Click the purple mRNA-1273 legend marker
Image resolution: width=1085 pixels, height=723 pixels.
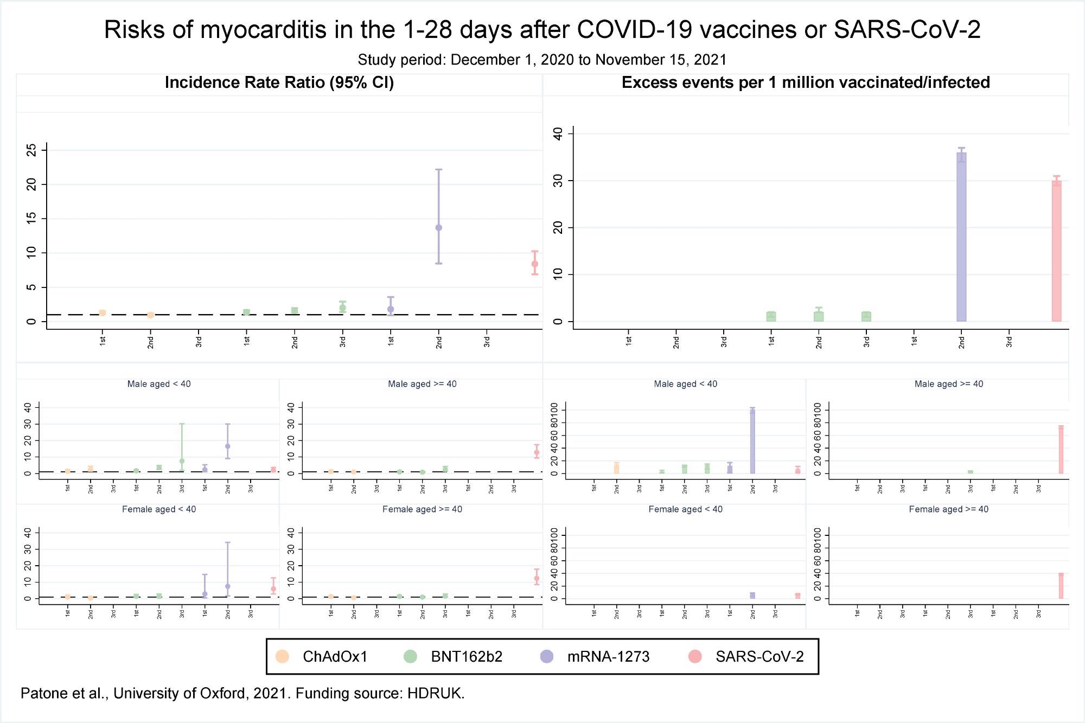click(547, 656)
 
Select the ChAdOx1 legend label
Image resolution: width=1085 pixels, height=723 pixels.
click(335, 656)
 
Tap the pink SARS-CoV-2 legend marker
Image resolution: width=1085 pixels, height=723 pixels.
click(695, 656)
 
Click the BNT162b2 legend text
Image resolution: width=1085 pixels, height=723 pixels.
click(467, 656)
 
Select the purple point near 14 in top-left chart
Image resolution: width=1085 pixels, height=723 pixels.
click(438, 228)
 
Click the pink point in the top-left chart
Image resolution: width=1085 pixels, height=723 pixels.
click(534, 264)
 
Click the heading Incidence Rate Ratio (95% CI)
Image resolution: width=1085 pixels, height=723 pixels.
click(279, 82)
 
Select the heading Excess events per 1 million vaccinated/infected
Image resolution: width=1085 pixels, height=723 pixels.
click(806, 82)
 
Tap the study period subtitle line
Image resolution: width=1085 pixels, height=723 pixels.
click(542, 60)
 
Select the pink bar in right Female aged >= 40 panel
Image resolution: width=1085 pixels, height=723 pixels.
click(1061, 586)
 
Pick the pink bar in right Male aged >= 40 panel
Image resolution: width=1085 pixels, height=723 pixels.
click(1061, 450)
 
